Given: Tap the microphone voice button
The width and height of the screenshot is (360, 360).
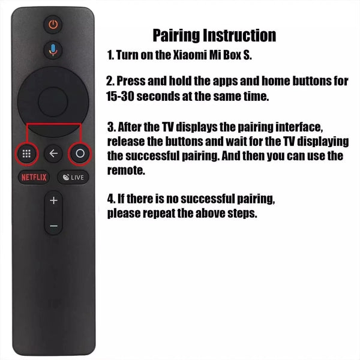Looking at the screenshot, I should (x=53, y=50).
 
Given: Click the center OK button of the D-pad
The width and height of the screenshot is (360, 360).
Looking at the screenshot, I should (x=53, y=101).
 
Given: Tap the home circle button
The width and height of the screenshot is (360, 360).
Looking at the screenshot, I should (x=80, y=154).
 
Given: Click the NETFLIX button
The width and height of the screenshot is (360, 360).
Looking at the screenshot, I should (x=34, y=178).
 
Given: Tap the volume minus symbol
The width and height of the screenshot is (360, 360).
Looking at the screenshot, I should (x=53, y=226).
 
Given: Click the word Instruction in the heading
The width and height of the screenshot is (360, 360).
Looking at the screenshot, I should (x=242, y=35).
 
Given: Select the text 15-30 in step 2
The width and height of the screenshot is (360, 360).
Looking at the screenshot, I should (x=122, y=95).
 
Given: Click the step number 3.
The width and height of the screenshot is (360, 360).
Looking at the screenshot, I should (x=110, y=128).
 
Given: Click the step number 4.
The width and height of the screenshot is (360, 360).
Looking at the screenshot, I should (x=110, y=199).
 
